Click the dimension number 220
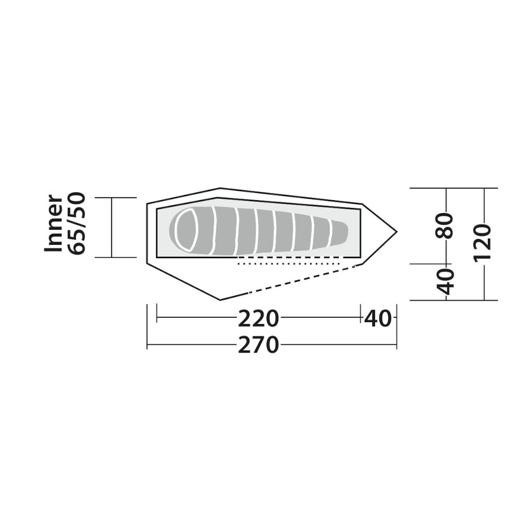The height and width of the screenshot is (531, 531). pyautogui.click(x=258, y=319)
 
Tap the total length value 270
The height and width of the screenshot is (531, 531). pyautogui.click(x=258, y=345)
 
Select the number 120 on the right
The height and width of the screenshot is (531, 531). pyautogui.click(x=482, y=242)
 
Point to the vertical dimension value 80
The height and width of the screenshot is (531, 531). pyautogui.click(x=444, y=226)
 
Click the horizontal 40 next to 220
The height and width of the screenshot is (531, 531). pyautogui.click(x=378, y=319)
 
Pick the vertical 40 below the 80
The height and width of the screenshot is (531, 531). pyautogui.click(x=444, y=281)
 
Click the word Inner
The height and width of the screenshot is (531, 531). pyautogui.click(x=54, y=223)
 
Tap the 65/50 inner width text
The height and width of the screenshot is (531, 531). pyautogui.click(x=77, y=223)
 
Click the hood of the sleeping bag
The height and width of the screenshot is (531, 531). pyautogui.click(x=186, y=230)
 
